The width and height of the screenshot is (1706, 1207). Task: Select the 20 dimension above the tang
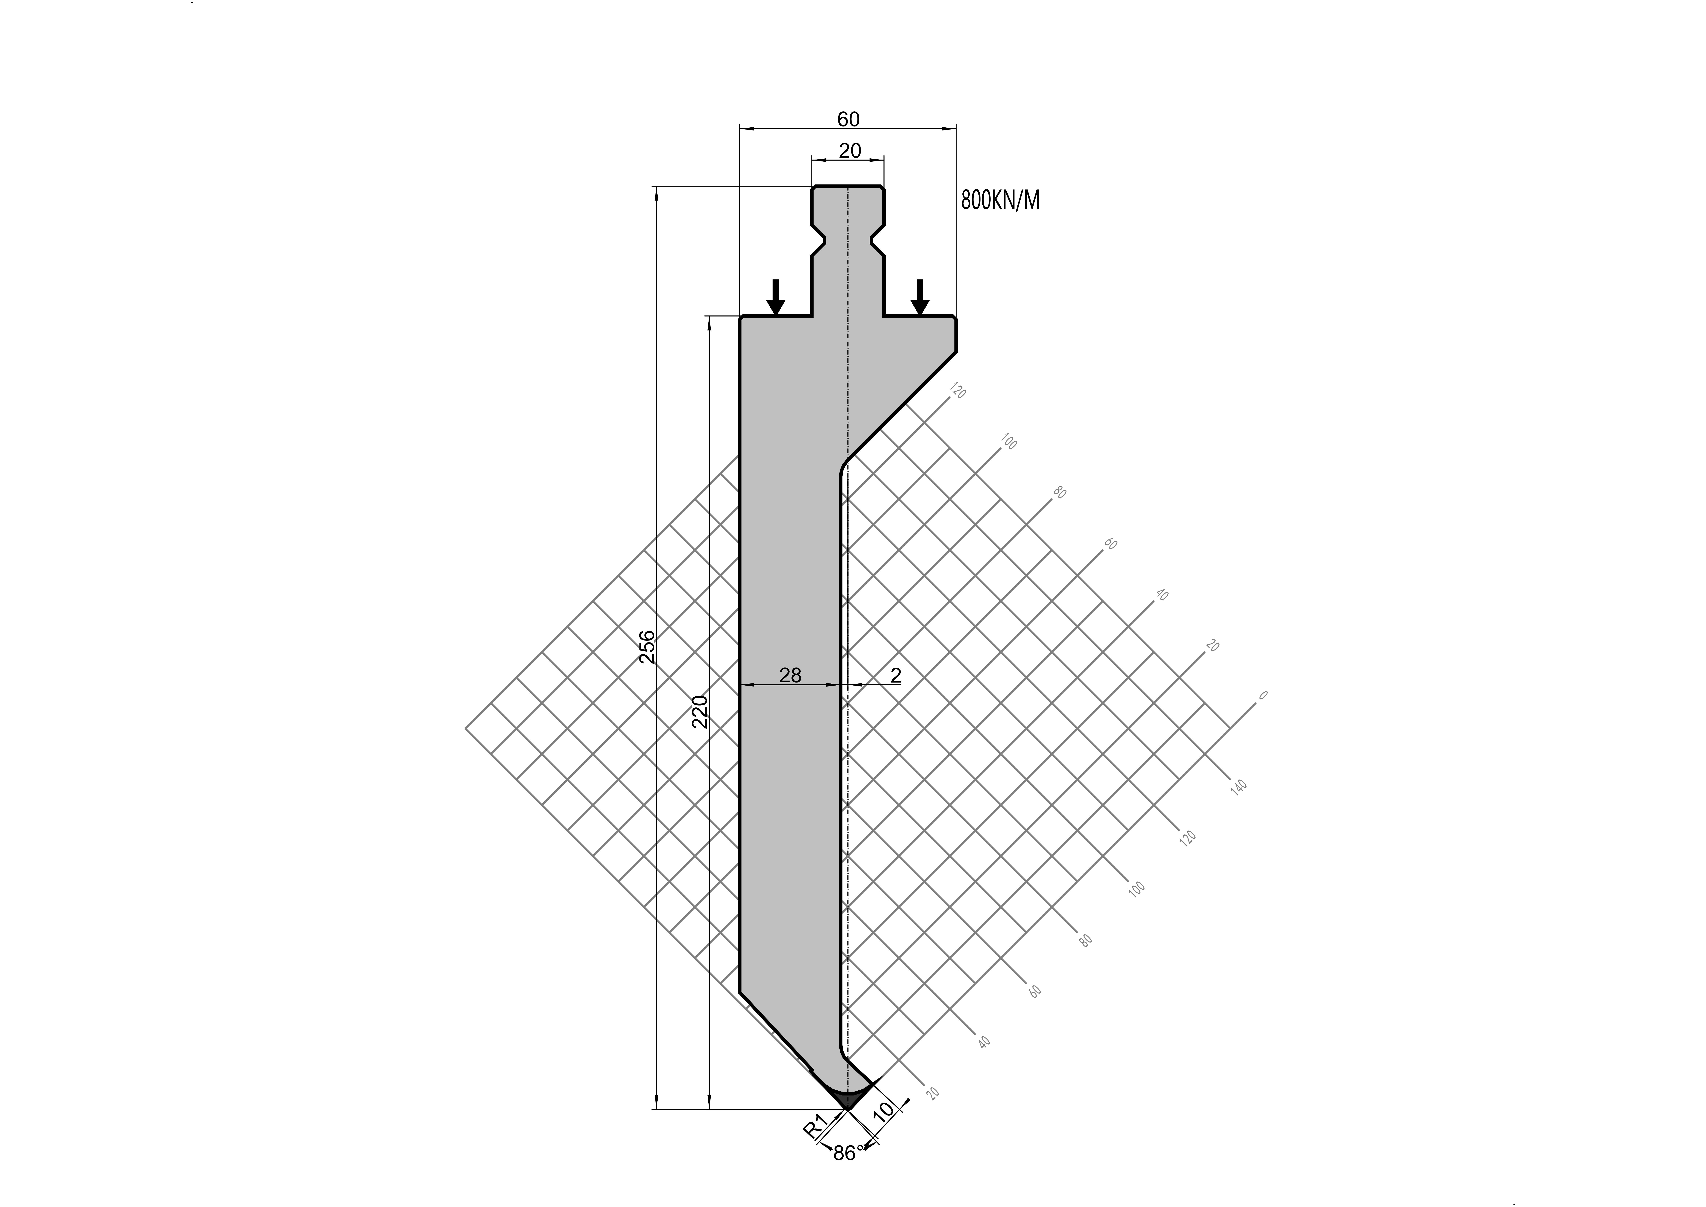pyautogui.click(x=849, y=151)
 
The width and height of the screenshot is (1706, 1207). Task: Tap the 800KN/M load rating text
pyautogui.click(x=1000, y=200)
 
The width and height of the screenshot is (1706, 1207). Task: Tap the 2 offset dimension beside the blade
pyautogui.click(x=895, y=675)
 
